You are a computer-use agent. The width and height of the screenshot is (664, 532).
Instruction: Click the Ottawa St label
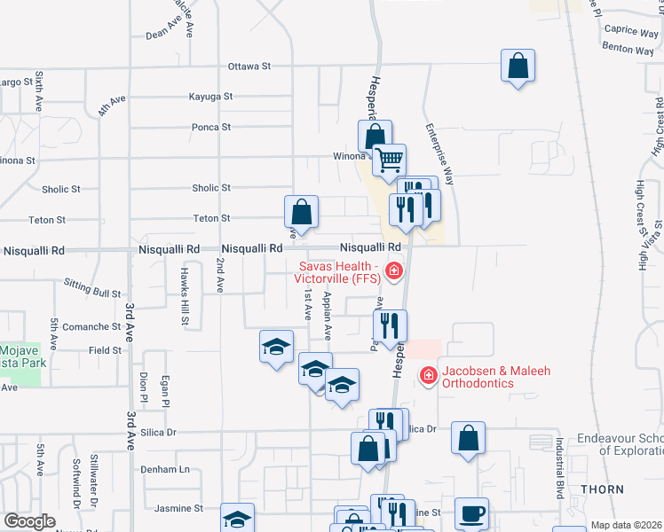pos(249,66)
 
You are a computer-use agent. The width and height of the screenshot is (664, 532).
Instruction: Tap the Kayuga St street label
pos(210,96)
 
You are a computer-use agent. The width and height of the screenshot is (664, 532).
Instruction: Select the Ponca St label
pos(211,127)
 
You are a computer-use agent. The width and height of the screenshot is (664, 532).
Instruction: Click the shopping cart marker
pos(389,160)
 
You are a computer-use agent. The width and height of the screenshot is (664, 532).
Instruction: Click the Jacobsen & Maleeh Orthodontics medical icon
pos(428,376)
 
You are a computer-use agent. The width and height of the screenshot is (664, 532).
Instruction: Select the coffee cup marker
pos(471,512)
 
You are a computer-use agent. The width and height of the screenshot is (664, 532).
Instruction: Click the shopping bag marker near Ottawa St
pos(518,66)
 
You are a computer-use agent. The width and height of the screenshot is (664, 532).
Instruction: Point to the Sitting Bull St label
pos(92,287)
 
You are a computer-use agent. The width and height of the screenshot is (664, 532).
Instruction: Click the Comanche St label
pos(85,326)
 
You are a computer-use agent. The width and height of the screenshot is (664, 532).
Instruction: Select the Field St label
pos(105,350)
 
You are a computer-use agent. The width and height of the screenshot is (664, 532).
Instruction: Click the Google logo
pos(29,520)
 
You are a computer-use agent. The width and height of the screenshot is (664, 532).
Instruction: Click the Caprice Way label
pos(630,31)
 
